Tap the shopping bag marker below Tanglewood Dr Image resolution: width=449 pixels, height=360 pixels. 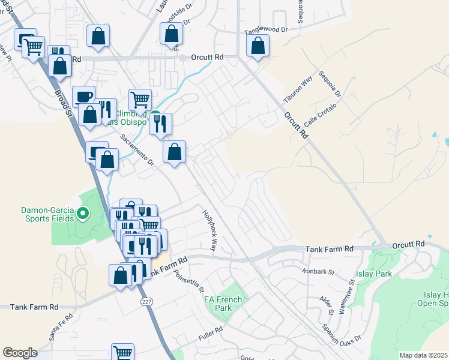(x=258, y=46)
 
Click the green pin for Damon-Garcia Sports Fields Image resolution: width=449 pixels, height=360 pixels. (x=83, y=212)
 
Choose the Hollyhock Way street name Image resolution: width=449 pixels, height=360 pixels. (x=209, y=229)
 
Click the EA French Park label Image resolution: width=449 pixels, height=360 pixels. (x=223, y=304)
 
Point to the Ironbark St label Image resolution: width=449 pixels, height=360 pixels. (x=318, y=271)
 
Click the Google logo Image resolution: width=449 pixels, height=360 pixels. (x=20, y=353)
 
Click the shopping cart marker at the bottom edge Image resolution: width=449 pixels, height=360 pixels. (x=123, y=353)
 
